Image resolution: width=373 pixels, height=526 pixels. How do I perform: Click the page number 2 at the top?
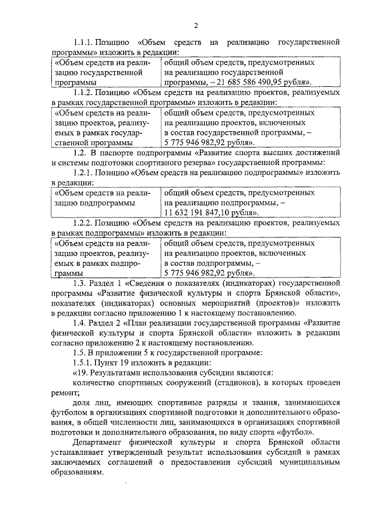196,25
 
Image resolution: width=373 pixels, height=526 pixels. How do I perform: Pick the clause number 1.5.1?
86,363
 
